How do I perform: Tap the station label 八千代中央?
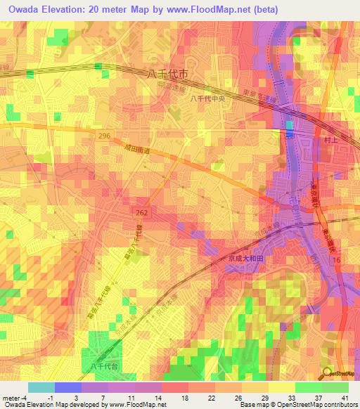click(x=205, y=99)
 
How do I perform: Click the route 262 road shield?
click(x=142, y=210)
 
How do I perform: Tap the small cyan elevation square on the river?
click(x=290, y=126)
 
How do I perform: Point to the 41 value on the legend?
click(x=345, y=397)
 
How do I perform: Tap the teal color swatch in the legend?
click(x=41, y=387)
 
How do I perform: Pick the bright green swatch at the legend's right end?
click(x=335, y=387)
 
